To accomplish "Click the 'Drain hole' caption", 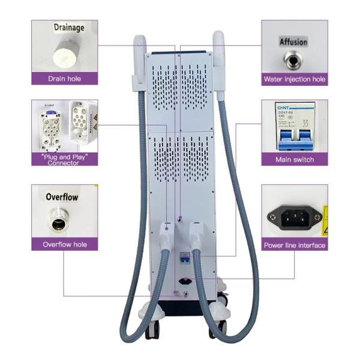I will point(64,79).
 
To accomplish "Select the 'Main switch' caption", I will point(294,160).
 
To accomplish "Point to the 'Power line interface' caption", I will point(294,245).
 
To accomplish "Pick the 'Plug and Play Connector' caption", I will point(64,160).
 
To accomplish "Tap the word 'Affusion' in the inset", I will point(293,42).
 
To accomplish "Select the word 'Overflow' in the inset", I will point(62,197).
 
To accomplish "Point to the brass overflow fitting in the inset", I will point(60,220).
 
